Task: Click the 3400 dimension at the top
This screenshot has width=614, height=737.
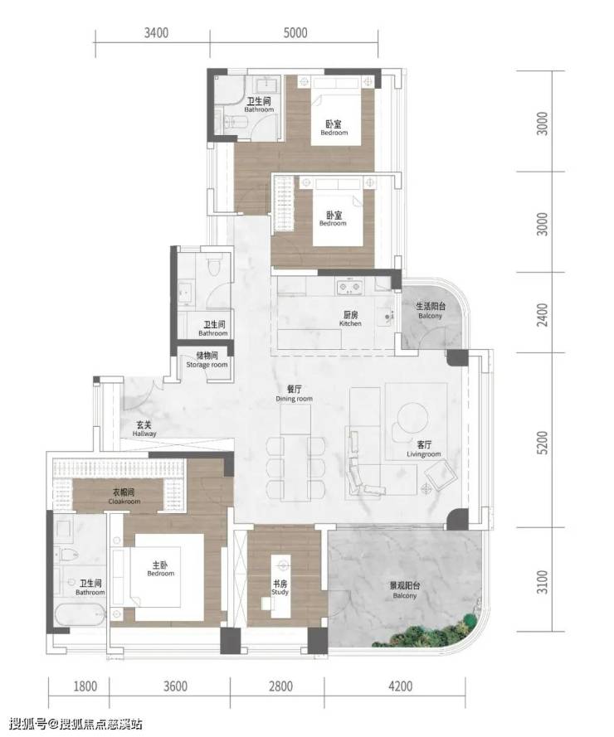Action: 156,33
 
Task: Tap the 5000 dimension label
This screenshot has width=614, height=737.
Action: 295,33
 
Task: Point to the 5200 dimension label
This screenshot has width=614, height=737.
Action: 543,443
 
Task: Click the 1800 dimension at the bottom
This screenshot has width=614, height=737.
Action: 85,686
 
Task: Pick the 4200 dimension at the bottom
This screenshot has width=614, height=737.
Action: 401,686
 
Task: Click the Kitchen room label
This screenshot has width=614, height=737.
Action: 350,319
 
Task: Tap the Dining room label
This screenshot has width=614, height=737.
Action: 294,394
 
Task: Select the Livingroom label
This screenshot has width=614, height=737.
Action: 424,449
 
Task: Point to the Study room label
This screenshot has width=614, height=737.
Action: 280,588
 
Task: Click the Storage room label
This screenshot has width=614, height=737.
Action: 207,360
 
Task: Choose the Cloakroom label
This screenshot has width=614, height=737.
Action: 124,497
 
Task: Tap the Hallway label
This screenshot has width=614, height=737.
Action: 144,429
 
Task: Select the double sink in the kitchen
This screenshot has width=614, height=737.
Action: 348,287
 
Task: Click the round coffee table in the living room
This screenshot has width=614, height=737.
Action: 413,417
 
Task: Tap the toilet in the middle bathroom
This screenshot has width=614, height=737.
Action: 216,266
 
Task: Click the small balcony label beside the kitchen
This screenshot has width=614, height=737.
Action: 430,311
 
